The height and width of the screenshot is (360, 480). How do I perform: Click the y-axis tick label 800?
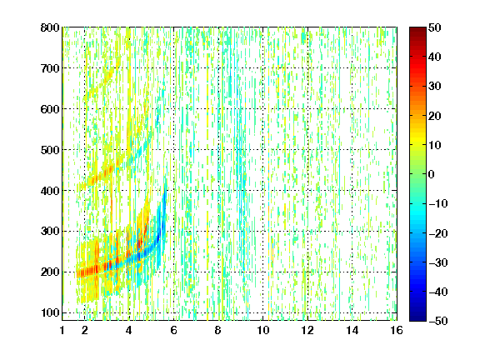tap(50, 27)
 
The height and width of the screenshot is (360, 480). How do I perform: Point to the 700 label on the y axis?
tap(50, 68)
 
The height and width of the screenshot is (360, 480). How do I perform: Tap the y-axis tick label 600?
tap(50, 109)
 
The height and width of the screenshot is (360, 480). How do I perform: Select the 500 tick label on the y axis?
tap(50, 150)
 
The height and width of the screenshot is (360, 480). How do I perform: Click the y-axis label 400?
tap(50, 191)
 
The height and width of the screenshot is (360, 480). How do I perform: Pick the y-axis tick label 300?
tap(50, 232)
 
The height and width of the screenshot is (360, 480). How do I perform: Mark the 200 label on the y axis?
tap(50, 272)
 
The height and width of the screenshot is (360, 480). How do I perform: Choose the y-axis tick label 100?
tap(50, 312)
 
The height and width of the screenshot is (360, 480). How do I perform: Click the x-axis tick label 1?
tap(62, 330)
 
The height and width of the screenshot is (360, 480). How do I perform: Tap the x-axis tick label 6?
tap(174, 330)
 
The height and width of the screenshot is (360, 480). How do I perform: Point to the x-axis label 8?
tap(218, 330)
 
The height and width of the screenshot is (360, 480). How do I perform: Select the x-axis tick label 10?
tap(263, 330)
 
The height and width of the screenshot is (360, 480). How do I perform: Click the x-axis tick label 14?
tap(352, 330)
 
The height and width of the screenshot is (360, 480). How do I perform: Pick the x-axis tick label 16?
tap(397, 330)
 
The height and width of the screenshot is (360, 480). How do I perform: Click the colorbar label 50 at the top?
tap(435, 27)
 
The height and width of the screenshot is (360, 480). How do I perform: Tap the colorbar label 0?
tap(432, 174)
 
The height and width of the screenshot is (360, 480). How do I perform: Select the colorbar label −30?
tap(438, 262)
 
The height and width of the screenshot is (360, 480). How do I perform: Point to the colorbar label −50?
tap(438, 321)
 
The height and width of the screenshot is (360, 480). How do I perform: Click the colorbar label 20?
tap(435, 116)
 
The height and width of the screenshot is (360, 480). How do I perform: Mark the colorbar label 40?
tap(435, 57)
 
